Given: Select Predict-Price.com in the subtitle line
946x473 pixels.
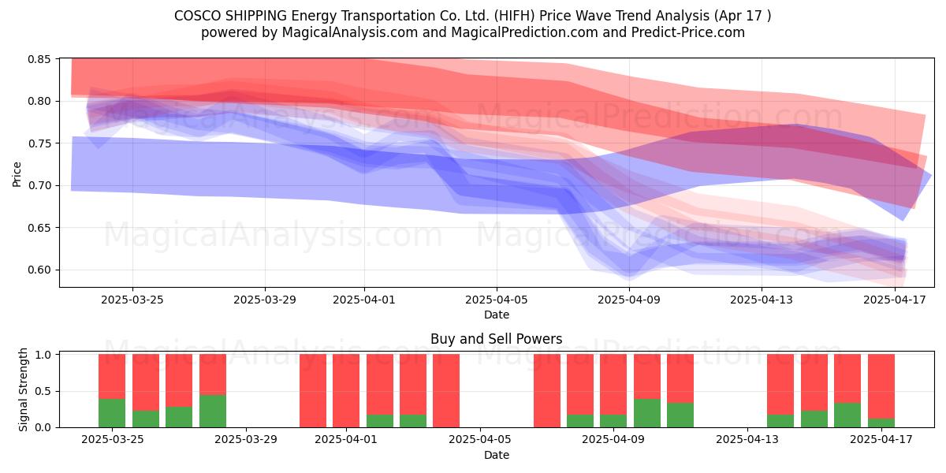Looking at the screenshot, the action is pos(688,32).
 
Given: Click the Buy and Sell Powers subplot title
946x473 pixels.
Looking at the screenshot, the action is pos(496,339).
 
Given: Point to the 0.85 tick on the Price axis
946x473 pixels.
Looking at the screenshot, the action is pos(39,59).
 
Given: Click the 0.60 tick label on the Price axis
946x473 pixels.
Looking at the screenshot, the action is pos(39,270).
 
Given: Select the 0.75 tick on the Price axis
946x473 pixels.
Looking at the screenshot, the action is pos(39,143).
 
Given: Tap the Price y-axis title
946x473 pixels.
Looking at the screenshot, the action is pos(17,174).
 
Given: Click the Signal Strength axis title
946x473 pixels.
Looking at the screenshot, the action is pos(23,389).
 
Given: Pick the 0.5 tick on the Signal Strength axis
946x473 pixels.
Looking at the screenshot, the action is pos(43,391).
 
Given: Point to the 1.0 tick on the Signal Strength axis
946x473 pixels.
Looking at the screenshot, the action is pos(43,355).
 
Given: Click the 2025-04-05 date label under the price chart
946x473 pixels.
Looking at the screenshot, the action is pos(496,300).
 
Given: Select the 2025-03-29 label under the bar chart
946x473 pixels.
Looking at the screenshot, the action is pos(245,440).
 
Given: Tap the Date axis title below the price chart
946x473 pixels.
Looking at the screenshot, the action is pos(496,315).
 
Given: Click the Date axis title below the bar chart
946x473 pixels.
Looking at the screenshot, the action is pos(496,455).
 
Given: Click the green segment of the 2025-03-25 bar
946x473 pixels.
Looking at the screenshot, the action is pos(112,413).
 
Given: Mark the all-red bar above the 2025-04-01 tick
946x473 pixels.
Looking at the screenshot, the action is pos(346,391).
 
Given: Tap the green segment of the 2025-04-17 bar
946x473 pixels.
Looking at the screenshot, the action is pos(881,423).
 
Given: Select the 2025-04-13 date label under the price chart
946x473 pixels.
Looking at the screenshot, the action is pos(762,300).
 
